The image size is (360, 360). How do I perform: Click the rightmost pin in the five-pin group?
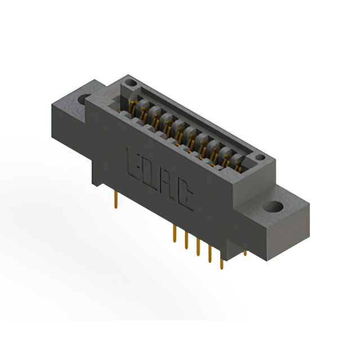[x=221, y=262]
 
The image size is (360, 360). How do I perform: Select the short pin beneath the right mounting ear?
[x=245, y=253]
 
